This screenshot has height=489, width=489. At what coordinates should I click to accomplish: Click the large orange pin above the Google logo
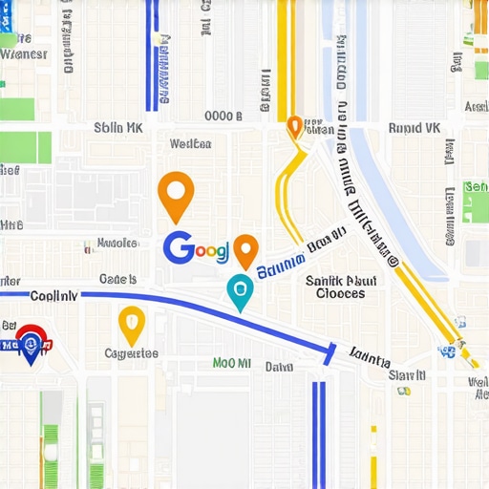[x=175, y=194]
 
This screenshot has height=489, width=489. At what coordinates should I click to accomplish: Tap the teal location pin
[x=240, y=289]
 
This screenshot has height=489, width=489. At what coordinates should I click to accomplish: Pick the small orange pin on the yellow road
[x=294, y=125]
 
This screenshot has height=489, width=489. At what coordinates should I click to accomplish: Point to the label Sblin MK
[x=118, y=127]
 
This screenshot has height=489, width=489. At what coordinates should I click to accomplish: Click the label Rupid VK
[x=414, y=127]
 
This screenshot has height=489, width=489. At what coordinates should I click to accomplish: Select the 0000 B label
[x=223, y=116]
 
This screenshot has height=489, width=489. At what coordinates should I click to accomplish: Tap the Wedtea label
[x=189, y=144]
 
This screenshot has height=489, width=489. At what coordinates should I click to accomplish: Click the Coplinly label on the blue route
[x=53, y=296]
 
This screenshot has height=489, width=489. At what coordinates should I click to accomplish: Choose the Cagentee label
[x=131, y=353]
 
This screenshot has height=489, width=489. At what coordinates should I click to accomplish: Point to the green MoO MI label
[x=231, y=364]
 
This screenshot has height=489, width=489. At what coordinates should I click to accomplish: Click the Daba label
[x=279, y=366]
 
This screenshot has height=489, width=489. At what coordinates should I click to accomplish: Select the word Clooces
[x=340, y=294]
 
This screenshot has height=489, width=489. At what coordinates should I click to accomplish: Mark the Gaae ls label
[x=117, y=280]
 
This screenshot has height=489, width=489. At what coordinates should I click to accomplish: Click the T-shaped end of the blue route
[x=330, y=354]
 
